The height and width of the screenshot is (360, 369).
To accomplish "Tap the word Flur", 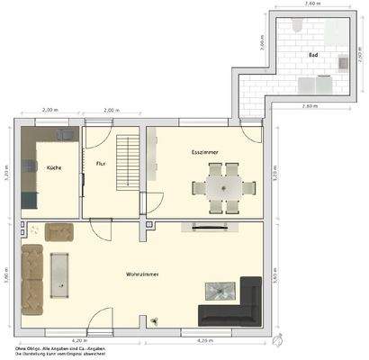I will [102, 163].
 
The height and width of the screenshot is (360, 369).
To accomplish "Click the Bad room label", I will [313, 54].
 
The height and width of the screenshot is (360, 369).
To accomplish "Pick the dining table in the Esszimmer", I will [220, 188].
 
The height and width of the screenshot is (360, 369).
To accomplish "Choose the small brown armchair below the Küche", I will [60, 232].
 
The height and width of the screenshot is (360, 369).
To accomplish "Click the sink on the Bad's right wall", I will [344, 63].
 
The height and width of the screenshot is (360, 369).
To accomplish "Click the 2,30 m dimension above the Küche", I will [50, 111].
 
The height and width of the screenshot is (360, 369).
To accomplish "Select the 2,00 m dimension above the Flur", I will [111, 111].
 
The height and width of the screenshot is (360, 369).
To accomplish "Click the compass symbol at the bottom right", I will [279, 341].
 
